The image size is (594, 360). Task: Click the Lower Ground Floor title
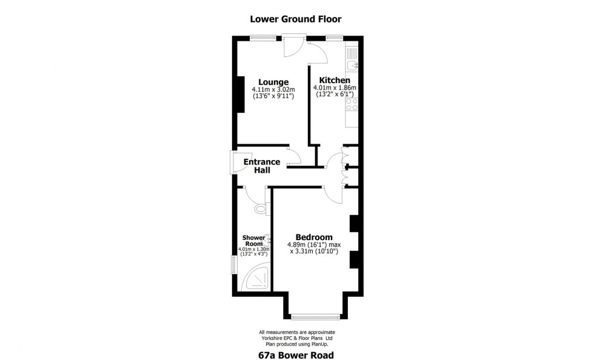(296, 19)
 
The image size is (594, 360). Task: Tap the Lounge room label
(273, 82)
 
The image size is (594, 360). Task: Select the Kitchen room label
(335, 81)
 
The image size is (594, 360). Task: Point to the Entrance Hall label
(262, 166)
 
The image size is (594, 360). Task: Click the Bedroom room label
(314, 237)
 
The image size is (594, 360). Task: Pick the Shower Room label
(254, 240)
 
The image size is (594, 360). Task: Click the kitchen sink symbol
(352, 64)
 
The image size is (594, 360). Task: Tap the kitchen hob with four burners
(352, 107)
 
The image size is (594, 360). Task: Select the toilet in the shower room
(261, 209)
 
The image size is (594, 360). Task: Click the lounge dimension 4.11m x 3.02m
(273, 90)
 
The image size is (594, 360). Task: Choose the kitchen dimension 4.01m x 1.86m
(335, 88)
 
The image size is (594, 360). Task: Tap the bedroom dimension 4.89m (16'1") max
(314, 245)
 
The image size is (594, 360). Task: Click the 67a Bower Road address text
(296, 355)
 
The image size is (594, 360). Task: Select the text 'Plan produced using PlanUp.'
(296, 343)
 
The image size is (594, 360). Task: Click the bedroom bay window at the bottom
(315, 316)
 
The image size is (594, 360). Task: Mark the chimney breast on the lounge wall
(240, 94)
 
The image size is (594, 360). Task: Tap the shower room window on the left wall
(235, 264)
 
